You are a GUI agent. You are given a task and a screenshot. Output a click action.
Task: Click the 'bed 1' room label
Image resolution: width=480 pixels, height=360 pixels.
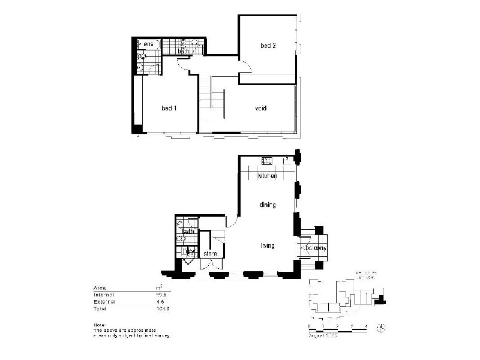[169, 108]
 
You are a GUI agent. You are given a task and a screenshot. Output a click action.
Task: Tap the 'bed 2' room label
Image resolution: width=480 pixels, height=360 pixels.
[268, 46]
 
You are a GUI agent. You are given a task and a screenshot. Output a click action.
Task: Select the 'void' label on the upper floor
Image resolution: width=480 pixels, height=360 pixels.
[260, 109]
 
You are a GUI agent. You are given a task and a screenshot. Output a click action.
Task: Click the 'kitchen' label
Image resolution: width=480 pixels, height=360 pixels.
[267, 176]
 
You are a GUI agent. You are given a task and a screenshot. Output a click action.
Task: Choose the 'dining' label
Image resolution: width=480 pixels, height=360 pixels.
[267, 205]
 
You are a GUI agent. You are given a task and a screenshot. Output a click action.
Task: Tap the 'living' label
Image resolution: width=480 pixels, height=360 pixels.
[267, 245]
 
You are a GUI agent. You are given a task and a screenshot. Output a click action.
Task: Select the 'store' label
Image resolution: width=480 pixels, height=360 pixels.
[210, 254]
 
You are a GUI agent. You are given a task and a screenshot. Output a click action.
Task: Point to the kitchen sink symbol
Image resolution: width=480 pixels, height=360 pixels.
[266, 160]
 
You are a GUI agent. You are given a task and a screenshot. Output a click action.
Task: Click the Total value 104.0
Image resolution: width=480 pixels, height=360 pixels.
[161, 308]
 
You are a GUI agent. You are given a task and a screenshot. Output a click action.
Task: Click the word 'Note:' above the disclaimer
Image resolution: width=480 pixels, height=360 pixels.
[99, 325]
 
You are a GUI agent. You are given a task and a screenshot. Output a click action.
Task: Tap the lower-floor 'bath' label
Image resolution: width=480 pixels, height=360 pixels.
[188, 231]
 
